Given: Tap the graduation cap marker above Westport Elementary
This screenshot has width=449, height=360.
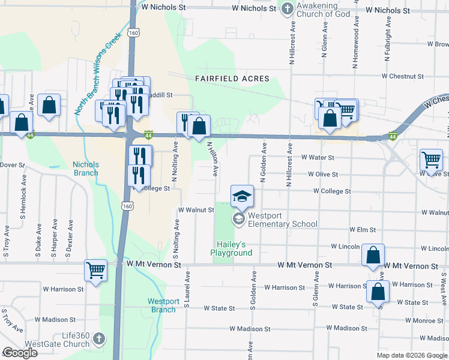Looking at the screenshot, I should [x=243, y=196].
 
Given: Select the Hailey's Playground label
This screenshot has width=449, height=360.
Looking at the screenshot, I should [x=231, y=248].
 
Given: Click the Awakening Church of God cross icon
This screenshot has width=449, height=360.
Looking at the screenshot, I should [x=288, y=9].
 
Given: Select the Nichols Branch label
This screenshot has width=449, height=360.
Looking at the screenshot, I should [x=85, y=169].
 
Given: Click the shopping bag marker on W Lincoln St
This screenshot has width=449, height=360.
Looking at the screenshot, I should [x=373, y=255].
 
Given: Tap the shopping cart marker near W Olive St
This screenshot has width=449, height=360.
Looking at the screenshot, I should [x=431, y=160].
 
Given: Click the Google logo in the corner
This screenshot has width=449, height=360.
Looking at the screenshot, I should [x=20, y=353].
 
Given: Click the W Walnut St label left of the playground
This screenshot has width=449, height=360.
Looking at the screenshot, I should [x=196, y=210].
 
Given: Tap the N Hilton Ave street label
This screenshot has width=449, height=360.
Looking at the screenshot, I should [x=212, y=159].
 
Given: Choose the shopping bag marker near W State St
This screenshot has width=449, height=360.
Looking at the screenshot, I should [x=378, y=292].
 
